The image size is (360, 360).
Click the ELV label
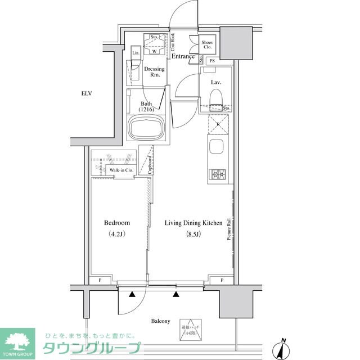pyautogui.click(x=86, y=93)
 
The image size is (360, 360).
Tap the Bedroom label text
pyautogui.click(x=118, y=223)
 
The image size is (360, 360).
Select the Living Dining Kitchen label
pyautogui.click(x=193, y=223)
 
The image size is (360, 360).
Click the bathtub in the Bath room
pyautogui.click(x=146, y=129)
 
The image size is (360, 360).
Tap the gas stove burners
pyautogui.click(x=218, y=175)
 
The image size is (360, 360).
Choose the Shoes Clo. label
pyautogui.click(x=206, y=44)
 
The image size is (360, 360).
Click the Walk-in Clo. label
pyautogui.click(x=121, y=170)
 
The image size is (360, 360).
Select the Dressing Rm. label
pyautogui.click(x=154, y=73)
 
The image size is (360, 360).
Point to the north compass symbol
pyautogui.click(x=282, y=349)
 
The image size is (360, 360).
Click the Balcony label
pyautogui.click(x=160, y=321)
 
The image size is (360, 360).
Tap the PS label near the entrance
pyautogui.click(x=212, y=61)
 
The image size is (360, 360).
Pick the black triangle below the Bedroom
pyautogui.click(x=132, y=294)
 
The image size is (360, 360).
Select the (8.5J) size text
pyautogui.click(x=193, y=235)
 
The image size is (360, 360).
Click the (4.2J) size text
pyautogui.click(x=118, y=235)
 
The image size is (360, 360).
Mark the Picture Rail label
pyautogui.click(x=229, y=229)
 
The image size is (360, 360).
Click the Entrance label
pyautogui.click(x=183, y=56)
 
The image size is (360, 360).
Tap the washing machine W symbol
pyautogui.click(x=154, y=51)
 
